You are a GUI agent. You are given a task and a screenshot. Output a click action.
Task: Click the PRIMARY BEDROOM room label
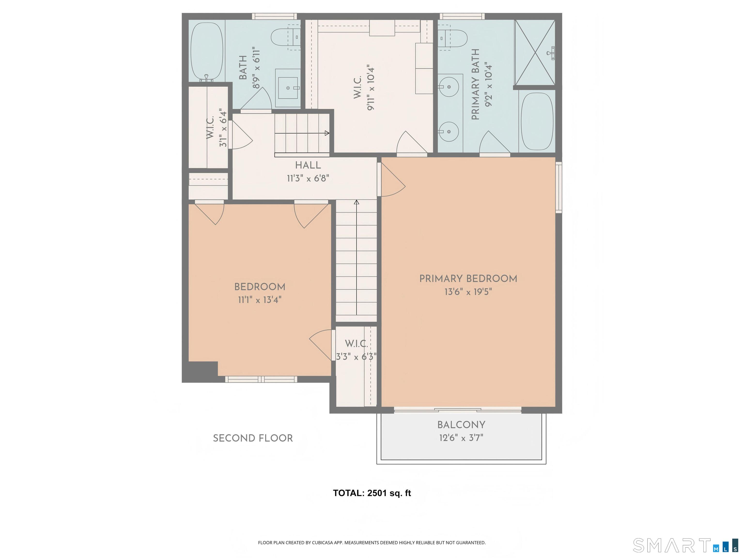coord(468,279)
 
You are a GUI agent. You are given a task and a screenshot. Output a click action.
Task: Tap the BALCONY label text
coord(461,425)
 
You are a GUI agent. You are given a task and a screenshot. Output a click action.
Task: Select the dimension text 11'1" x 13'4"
coord(260,300)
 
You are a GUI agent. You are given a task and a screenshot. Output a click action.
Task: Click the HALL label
coord(308,165)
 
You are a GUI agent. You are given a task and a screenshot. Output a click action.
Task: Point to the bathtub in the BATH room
coord(207,51)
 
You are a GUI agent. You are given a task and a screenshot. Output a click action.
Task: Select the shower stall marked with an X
coord(535,52)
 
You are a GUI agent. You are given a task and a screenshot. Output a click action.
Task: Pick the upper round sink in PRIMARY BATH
coord(449,87)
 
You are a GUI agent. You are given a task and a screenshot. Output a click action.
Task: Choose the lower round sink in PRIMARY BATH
coord(449,132)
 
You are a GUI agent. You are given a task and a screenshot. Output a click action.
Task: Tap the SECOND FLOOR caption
coord(253,438)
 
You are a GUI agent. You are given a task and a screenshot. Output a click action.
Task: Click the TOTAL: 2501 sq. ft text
coord(372,493)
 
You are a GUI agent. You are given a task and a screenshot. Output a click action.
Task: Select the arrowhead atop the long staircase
coord(356,202)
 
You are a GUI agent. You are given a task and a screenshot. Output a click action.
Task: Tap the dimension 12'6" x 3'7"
coord(461,438)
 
